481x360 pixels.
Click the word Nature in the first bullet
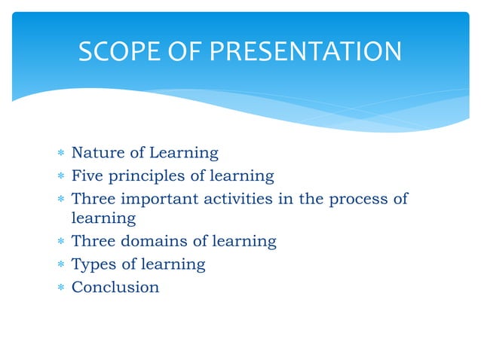(x=96, y=153)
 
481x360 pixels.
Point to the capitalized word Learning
(x=184, y=154)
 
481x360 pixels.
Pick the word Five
(x=87, y=175)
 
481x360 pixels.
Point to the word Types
(x=91, y=264)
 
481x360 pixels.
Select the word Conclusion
(x=115, y=286)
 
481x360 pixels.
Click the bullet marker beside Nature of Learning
(x=60, y=154)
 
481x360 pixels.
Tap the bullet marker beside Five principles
(x=60, y=176)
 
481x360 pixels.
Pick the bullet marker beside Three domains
(x=60, y=243)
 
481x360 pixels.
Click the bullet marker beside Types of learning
(x=60, y=264)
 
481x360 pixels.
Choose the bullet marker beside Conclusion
(x=60, y=287)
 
